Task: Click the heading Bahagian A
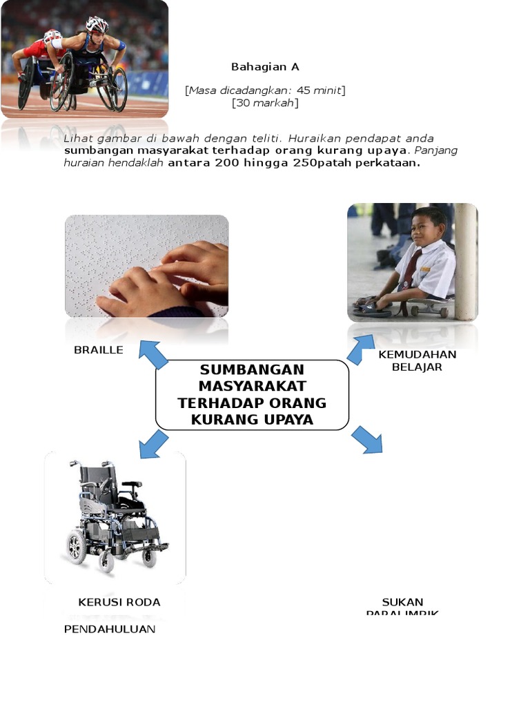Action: [x=265, y=67]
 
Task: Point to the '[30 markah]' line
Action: [x=265, y=103]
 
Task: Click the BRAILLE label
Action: [x=99, y=350]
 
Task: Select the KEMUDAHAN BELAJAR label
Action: [x=417, y=360]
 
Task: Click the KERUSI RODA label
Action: [x=119, y=602]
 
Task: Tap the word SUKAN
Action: [x=402, y=602]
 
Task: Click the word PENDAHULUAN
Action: [x=110, y=629]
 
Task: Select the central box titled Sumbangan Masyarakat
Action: [x=252, y=395]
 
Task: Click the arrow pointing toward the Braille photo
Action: [x=153, y=353]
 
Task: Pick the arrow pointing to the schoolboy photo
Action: [x=360, y=349]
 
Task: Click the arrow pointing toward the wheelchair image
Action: [x=153, y=443]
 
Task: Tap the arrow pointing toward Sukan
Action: [x=367, y=440]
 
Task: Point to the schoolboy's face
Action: [x=426, y=228]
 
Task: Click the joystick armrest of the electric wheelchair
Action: [x=130, y=485]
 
